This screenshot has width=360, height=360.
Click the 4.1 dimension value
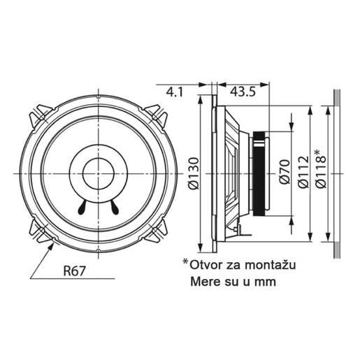click(175, 92)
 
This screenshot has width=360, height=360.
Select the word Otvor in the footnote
click(205, 266)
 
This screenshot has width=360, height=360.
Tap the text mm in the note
click(266, 282)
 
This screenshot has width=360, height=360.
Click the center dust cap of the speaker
click(98, 171)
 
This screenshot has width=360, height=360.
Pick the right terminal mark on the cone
click(113, 207)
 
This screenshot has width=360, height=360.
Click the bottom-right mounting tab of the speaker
click(156, 228)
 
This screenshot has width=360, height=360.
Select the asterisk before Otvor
click(186, 263)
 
